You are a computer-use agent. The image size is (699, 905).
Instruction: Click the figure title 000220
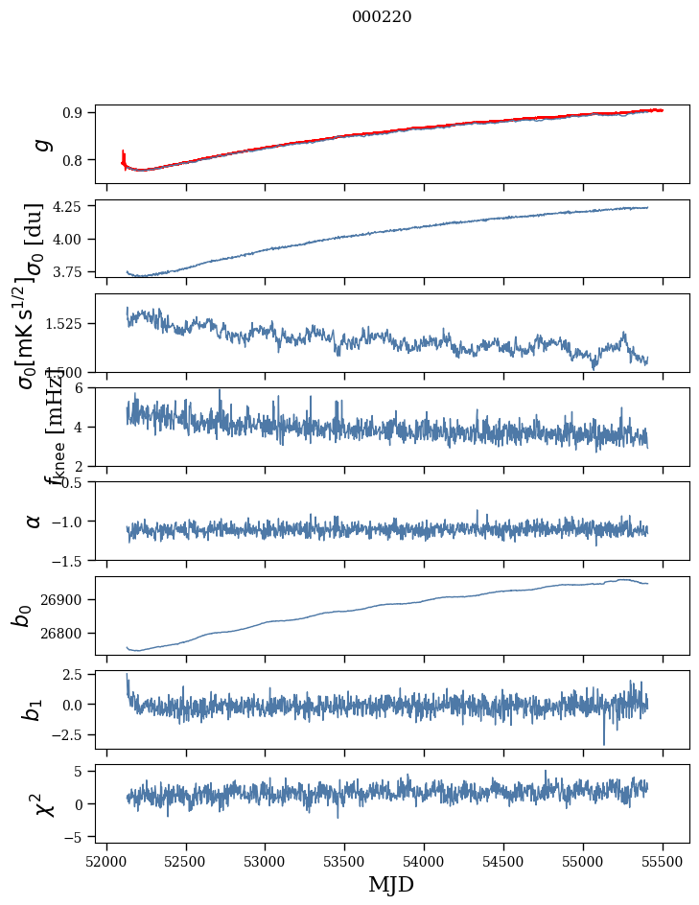point(382,17)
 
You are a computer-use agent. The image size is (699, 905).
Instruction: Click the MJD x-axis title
point(391,884)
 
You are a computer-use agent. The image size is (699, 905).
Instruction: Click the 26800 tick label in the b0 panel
point(62,633)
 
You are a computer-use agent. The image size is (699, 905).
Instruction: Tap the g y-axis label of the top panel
point(39,145)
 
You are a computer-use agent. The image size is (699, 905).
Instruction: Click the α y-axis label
point(34,521)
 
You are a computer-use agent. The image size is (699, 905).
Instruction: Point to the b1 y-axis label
point(34,709)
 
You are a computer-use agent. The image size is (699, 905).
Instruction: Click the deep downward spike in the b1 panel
point(604,741)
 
